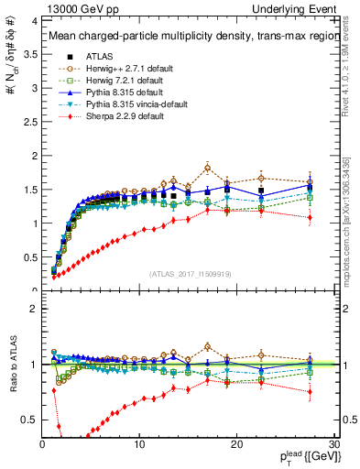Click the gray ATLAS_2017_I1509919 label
190,273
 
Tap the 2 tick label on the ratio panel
32,309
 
